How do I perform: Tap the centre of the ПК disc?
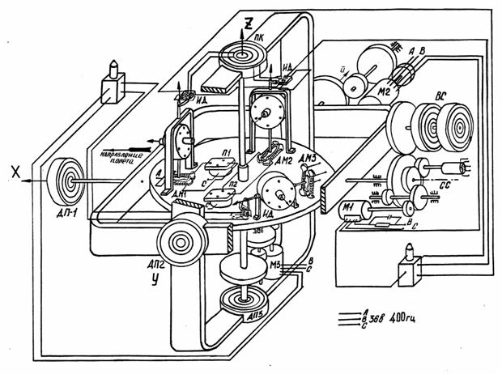[244, 54]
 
